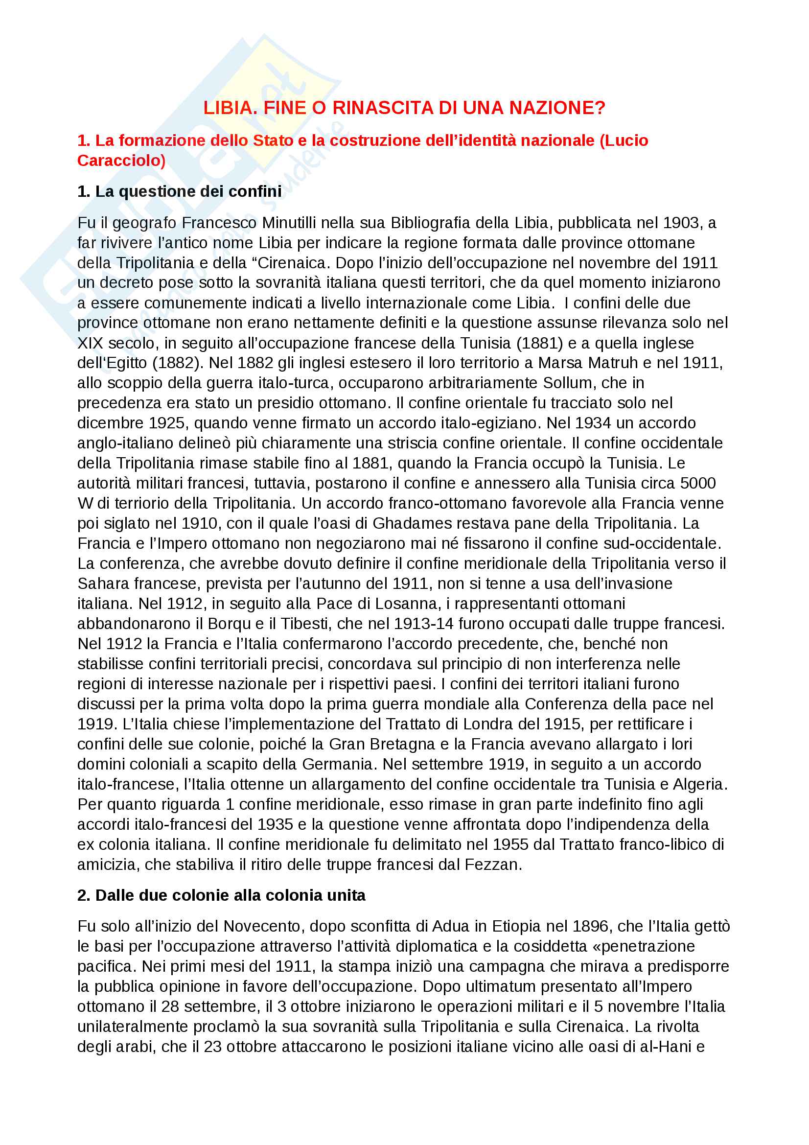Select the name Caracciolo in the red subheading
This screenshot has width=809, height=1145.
121,161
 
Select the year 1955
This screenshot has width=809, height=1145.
511,844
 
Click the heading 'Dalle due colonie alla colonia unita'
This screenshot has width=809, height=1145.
221,895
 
